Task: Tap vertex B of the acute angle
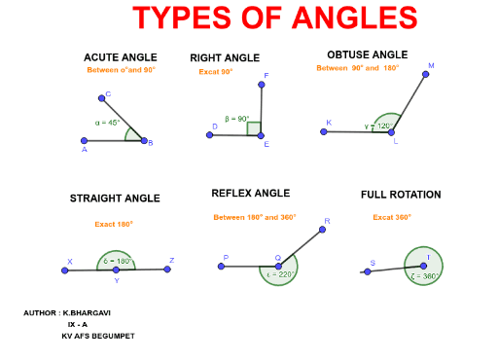(x=144, y=141)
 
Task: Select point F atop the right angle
(x=262, y=84)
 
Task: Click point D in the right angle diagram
(x=209, y=135)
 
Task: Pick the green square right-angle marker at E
(x=254, y=128)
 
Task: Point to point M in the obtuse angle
(x=425, y=74)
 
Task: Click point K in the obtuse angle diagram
(x=325, y=130)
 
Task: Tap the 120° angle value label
(x=385, y=126)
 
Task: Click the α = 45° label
(x=108, y=123)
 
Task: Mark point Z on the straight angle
(x=167, y=269)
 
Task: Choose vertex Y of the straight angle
(x=116, y=270)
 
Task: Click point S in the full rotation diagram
(x=367, y=271)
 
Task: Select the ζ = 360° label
(x=425, y=275)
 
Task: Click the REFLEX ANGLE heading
(x=250, y=193)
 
